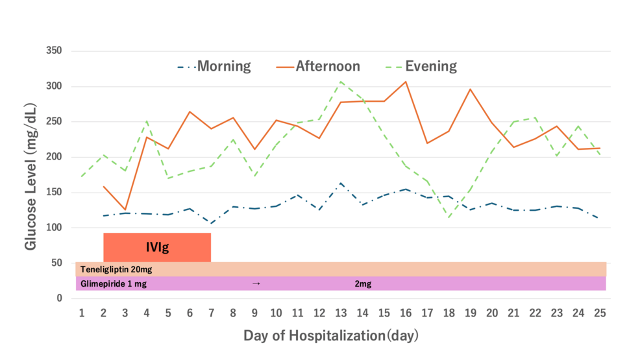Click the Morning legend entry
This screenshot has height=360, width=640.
coord(214,66)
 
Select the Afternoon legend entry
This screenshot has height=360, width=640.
coord(318,66)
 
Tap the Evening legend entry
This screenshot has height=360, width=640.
coord(421,66)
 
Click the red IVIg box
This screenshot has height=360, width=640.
coord(157,247)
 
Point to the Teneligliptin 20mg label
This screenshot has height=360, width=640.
coord(116,269)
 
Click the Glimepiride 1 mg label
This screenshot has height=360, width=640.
coord(114,283)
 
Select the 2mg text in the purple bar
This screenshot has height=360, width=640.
coord(363,283)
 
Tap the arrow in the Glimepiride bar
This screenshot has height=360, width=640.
coord(256,283)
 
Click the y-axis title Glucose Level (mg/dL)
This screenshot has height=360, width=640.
coord(31,176)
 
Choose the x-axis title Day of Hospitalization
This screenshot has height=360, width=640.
coord(331,335)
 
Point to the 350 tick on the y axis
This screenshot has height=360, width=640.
coord(54,51)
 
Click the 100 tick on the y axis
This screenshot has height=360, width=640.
coord(54,228)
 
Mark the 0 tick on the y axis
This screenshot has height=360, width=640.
coord(60,298)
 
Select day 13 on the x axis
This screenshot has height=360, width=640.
coord(341,313)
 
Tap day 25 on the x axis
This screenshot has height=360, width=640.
coord(600,313)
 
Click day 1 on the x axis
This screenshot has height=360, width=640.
coord(82,313)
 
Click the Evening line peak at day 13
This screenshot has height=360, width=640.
coord(341,82)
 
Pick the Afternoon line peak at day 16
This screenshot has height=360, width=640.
coord(406,82)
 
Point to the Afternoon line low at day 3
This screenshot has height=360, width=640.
coord(125,210)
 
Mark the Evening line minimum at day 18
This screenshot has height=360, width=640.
coord(449,217)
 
